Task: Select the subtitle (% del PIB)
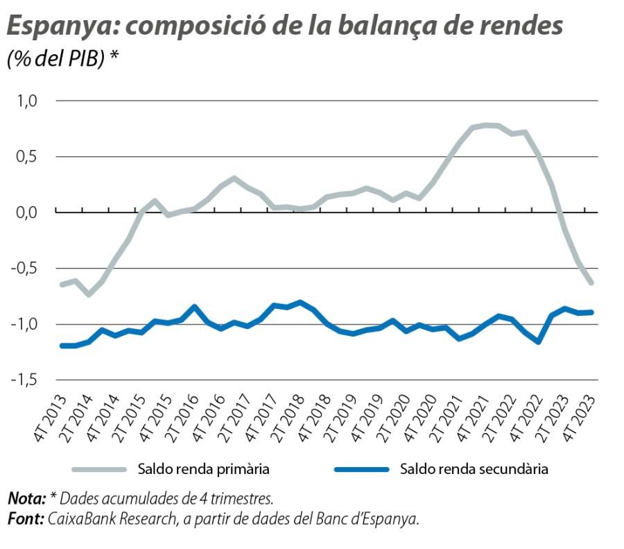coord(57,59)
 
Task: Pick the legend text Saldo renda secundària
coord(474,469)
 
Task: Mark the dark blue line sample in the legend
coord(361,469)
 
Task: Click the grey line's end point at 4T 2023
coord(591,282)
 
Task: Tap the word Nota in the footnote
coord(26,498)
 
